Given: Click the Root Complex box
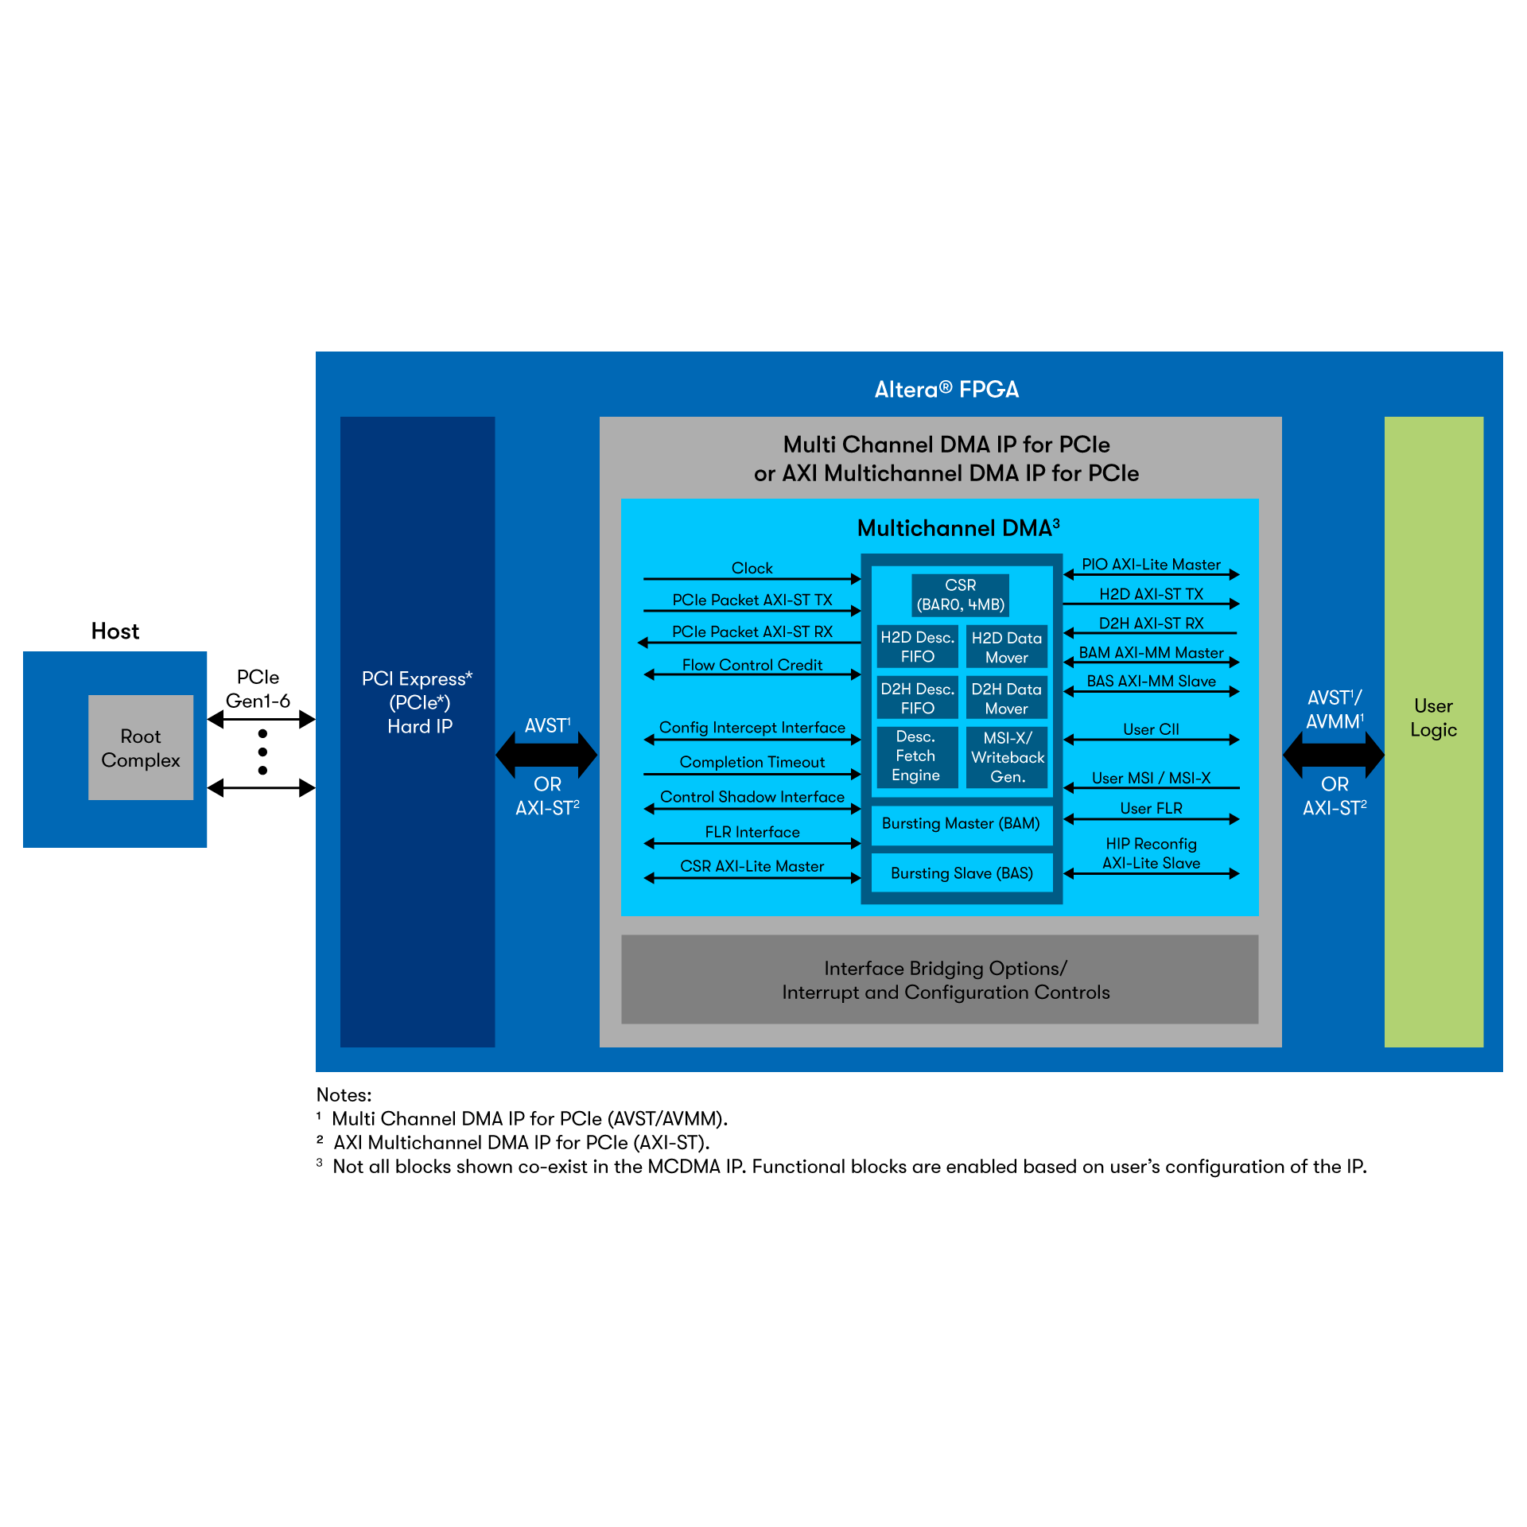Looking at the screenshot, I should click(x=140, y=748).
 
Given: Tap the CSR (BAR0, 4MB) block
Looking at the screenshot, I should click(x=960, y=595).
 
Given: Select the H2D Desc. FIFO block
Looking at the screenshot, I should click(x=917, y=647).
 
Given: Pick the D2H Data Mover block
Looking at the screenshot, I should click(x=1006, y=698).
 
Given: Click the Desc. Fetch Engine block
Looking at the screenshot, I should click(x=915, y=756).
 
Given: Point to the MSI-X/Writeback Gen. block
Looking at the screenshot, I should click(x=1007, y=757).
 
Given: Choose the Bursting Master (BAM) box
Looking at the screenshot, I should click(x=961, y=824).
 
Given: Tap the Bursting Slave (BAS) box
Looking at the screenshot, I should click(x=962, y=873).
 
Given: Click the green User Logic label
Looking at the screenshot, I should click(x=1433, y=717).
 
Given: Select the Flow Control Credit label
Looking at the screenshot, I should click(x=752, y=664).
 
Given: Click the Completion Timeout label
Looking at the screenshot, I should click(x=752, y=761).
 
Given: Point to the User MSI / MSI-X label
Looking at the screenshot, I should click(x=1151, y=777).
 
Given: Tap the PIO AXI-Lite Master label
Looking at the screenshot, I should click(x=1151, y=564).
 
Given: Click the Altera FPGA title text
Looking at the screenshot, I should click(x=946, y=389).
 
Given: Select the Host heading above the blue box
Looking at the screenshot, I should click(x=115, y=631).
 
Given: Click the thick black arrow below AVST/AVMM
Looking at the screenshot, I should click(x=1334, y=754).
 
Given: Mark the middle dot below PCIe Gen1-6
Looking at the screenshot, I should click(x=262, y=752).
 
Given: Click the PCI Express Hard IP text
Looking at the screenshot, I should click(x=418, y=701).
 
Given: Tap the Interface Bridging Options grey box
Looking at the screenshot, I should click(x=939, y=979).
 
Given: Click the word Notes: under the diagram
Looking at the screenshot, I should click(x=344, y=1094).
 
